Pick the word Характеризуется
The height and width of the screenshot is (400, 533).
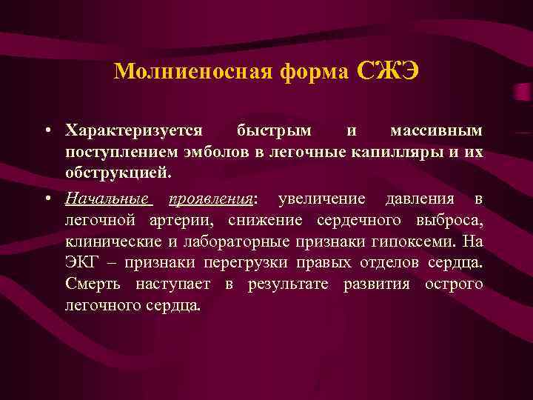[x=133, y=131]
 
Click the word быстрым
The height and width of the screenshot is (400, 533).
[x=274, y=131]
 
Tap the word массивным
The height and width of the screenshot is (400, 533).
[x=436, y=131]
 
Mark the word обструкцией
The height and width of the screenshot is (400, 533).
[x=117, y=174]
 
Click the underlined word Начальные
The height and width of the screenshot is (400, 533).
[x=108, y=199]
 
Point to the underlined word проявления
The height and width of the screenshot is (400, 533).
[x=211, y=199]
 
